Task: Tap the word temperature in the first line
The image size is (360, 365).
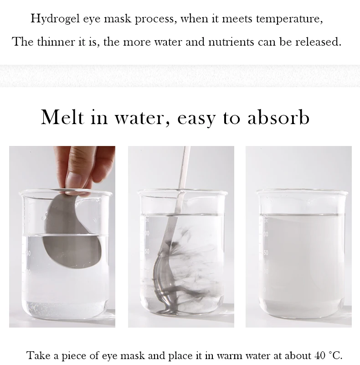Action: (x=289, y=19)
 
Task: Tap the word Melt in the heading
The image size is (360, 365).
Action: (x=62, y=117)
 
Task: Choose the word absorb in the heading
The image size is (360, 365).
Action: (x=278, y=117)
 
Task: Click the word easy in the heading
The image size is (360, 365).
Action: (x=196, y=119)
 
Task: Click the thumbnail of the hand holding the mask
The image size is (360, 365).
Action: (x=62, y=236)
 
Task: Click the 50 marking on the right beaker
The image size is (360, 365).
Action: (x=266, y=252)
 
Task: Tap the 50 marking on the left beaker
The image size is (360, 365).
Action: (x=28, y=253)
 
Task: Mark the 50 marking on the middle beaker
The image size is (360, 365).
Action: (x=147, y=251)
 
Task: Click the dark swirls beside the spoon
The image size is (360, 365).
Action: (x=193, y=268)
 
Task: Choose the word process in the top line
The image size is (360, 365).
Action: (x=154, y=19)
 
